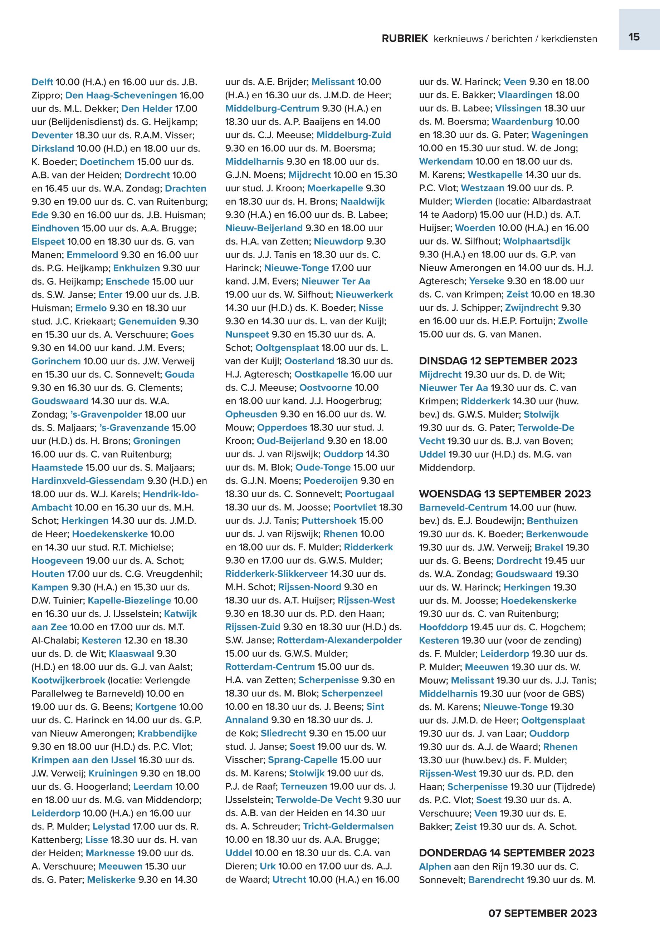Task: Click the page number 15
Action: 634,37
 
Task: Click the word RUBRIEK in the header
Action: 405,39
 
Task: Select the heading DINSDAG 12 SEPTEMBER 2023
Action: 498,361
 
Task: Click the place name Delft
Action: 42,82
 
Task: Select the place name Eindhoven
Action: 55,228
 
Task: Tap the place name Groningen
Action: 157,441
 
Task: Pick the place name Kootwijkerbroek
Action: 68,680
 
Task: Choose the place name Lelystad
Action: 111,827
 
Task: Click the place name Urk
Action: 268,866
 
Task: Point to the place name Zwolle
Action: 572,321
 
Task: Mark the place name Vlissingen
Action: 518,108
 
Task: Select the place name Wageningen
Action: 559,135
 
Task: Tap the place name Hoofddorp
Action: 443,627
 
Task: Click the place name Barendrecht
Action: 496,879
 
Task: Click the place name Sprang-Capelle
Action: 302,760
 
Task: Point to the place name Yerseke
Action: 486,281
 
